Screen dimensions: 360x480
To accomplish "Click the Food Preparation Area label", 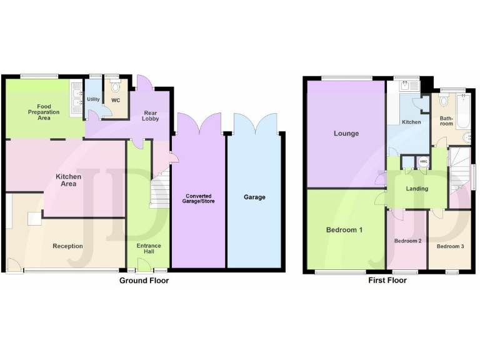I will pos(44,112).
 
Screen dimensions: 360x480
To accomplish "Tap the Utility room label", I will pos(93,99).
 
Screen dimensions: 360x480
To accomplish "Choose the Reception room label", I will pos(67,246).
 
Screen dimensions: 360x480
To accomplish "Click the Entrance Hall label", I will pos(149,249).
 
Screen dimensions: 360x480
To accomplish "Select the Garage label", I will pos(254,197).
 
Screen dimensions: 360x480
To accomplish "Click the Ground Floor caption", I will pos(144,281).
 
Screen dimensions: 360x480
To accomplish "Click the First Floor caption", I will pos(387,281).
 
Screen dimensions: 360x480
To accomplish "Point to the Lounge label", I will pos(346,133).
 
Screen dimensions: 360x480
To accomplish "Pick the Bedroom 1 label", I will pos(344,230).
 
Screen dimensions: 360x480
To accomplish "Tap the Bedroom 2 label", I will pos(407,241).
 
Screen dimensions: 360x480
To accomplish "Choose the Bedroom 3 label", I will pos(450,246).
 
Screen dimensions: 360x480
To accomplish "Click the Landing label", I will pos(417,188).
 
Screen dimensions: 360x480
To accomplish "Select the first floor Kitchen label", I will pos(411,122).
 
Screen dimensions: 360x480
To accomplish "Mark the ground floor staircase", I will pos(159,189).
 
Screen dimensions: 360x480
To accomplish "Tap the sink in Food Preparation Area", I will pos(76,100).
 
